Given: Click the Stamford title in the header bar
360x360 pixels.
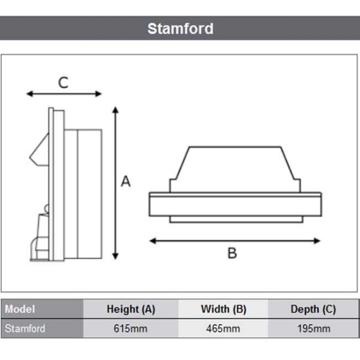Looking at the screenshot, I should [x=180, y=28].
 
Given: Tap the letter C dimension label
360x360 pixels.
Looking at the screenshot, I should [x=63, y=83].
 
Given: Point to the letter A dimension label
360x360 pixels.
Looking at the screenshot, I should [x=125, y=181].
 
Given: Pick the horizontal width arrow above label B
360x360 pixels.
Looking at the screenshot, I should [x=235, y=241].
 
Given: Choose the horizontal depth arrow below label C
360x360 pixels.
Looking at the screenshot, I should [x=64, y=94].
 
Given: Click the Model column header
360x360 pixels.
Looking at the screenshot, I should [x=20, y=310].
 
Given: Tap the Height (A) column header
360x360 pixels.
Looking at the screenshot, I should [x=131, y=310].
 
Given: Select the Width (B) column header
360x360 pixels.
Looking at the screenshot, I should [x=223, y=310].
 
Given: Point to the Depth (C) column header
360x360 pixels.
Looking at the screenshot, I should [x=313, y=310].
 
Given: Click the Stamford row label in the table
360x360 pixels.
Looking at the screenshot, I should [x=25, y=329].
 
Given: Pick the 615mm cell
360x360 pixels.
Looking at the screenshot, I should [x=131, y=329].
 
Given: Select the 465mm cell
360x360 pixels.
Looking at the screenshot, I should [x=223, y=329].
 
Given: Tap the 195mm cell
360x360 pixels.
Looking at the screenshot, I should [x=313, y=329].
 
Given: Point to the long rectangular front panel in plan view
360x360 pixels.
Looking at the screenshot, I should [x=235, y=204].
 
